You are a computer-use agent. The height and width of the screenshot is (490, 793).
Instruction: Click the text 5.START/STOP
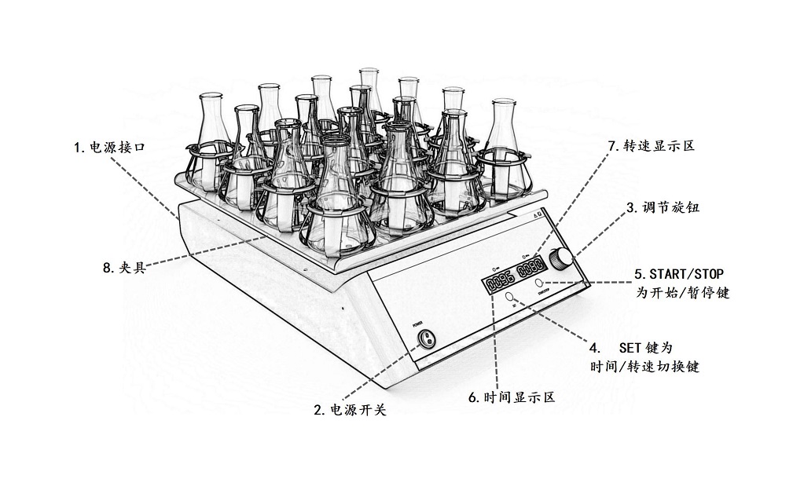click(679, 275)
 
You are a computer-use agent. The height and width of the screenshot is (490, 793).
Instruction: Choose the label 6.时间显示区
click(512, 397)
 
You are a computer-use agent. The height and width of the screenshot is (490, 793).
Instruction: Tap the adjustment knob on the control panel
click(562, 257)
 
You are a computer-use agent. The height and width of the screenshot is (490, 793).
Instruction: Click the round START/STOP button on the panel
click(540, 282)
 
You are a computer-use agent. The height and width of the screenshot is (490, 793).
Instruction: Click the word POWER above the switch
click(417, 323)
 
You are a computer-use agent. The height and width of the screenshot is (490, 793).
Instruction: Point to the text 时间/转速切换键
click(644, 367)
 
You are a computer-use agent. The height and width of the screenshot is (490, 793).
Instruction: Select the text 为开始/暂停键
click(682, 293)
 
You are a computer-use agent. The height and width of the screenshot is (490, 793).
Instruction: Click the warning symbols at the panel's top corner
click(538, 214)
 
